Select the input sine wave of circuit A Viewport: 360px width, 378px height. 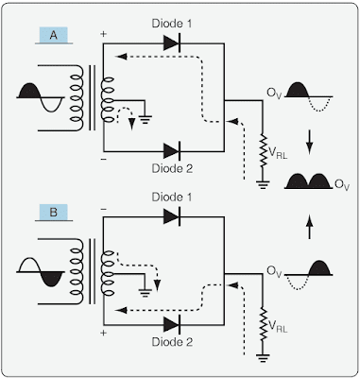43,94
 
